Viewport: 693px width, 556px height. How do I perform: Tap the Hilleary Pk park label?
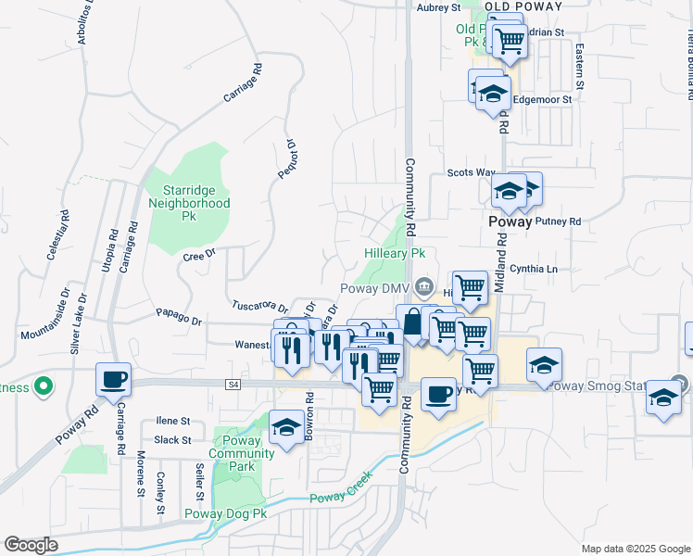click(x=394, y=252)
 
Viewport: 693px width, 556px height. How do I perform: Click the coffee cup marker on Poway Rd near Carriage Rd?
click(x=113, y=380)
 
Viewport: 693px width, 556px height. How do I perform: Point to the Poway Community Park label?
click(x=243, y=454)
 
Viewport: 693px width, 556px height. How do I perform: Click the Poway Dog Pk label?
click(x=226, y=513)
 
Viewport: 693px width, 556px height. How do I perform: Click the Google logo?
click(x=31, y=545)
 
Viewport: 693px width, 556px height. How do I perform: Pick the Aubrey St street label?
click(x=439, y=7)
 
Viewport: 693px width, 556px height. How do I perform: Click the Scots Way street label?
click(x=471, y=172)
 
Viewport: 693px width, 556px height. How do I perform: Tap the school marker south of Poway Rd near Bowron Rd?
click(x=286, y=428)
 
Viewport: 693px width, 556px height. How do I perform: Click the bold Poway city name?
click(x=510, y=222)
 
